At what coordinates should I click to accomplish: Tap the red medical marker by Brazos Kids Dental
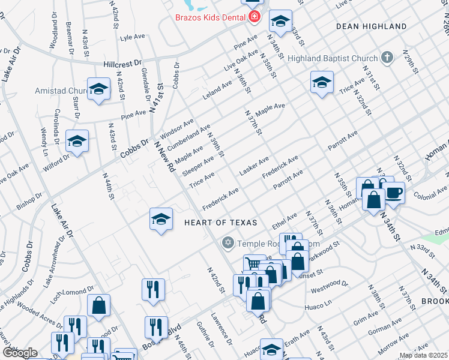[x=255, y=17]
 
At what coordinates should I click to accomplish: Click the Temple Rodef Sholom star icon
[x=228, y=243]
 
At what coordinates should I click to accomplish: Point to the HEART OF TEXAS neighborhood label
[x=221, y=223]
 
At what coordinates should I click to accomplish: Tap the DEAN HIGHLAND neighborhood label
[x=371, y=27]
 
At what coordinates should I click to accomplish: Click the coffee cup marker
[x=394, y=193]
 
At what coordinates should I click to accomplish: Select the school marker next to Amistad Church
[x=99, y=90]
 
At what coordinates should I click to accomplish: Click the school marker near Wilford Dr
[x=77, y=142]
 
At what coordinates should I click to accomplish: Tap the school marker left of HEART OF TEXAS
[x=161, y=220]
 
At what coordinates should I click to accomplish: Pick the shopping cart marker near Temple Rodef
[x=254, y=264]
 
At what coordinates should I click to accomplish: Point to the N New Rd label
[x=163, y=157]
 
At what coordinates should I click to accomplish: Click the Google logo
[x=19, y=353]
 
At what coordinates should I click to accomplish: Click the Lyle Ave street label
[x=133, y=37]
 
